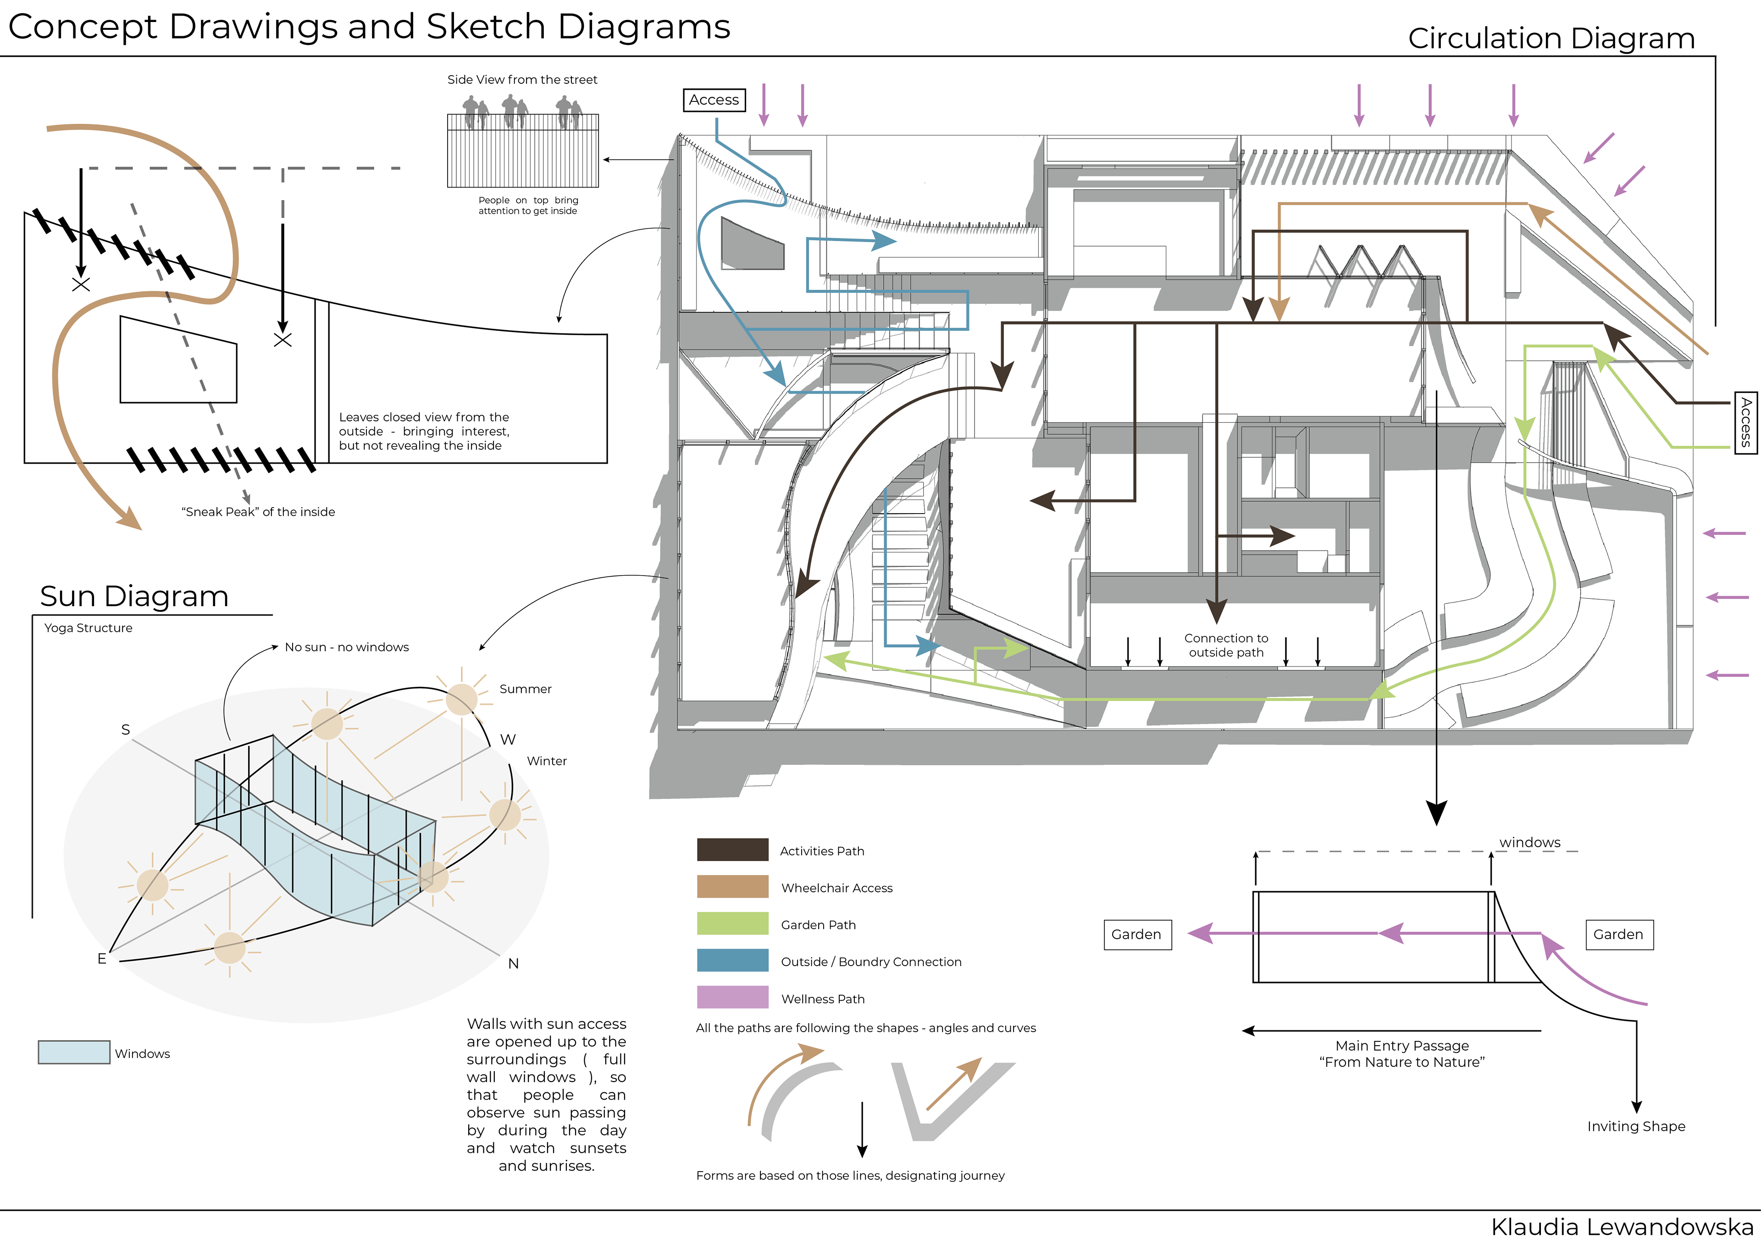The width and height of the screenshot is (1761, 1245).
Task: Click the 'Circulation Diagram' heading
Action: tap(1551, 39)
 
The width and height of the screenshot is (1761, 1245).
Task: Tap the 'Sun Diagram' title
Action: tap(134, 596)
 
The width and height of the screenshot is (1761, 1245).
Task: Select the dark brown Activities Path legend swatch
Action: tap(732, 850)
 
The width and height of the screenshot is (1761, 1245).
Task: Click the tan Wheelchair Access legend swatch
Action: tap(732, 887)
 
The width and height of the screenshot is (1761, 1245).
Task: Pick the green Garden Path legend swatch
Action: tap(732, 924)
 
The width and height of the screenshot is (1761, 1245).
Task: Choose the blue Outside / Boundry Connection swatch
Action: tap(732, 960)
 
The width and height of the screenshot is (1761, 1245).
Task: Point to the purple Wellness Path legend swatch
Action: tap(732, 997)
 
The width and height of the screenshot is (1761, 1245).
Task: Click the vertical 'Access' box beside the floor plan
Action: tap(1746, 423)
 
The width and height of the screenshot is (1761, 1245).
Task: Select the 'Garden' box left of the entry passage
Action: tap(1137, 935)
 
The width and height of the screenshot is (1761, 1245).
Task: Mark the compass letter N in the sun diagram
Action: tap(513, 963)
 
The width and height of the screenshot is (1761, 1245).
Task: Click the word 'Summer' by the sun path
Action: tap(526, 689)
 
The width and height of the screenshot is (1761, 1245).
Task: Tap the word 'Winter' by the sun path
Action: tap(547, 761)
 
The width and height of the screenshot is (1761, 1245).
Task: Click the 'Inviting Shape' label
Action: tap(1636, 1126)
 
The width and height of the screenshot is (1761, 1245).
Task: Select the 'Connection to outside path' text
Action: tap(1226, 645)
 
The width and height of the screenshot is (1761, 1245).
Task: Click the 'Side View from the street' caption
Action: tap(522, 80)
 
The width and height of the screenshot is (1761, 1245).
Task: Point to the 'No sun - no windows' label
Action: tap(347, 647)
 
